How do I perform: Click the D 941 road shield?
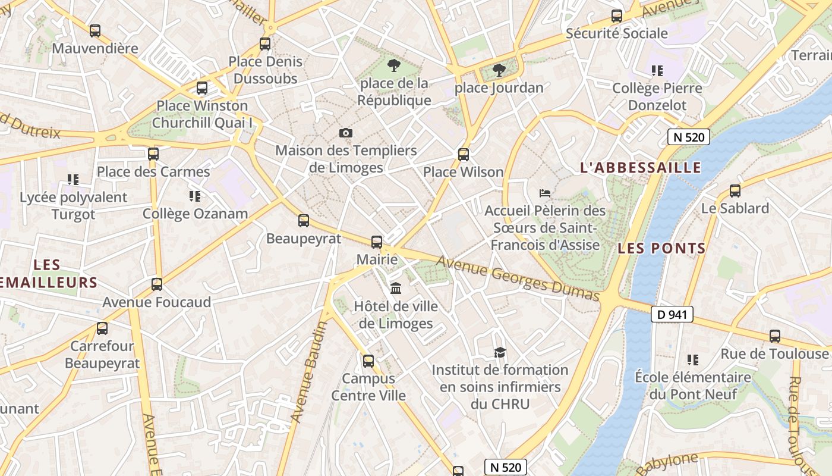point(672,314)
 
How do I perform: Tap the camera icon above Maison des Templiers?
point(345,133)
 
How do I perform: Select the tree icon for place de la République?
point(393,65)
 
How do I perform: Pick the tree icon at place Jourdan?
point(499,70)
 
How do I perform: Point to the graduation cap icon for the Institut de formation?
point(500,353)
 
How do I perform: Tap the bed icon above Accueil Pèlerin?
point(545,193)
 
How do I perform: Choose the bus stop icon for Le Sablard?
point(735,191)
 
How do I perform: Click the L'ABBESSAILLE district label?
point(641,168)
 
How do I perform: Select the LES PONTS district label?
point(661,249)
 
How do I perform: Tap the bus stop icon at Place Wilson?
point(464,155)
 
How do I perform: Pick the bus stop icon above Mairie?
point(377,242)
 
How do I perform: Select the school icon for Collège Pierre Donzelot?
point(657,71)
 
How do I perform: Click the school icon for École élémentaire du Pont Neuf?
point(692,360)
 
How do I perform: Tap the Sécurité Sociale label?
point(617,33)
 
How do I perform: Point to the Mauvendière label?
point(95,48)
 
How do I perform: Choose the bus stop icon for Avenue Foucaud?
point(157,284)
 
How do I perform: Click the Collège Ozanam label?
point(195,214)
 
